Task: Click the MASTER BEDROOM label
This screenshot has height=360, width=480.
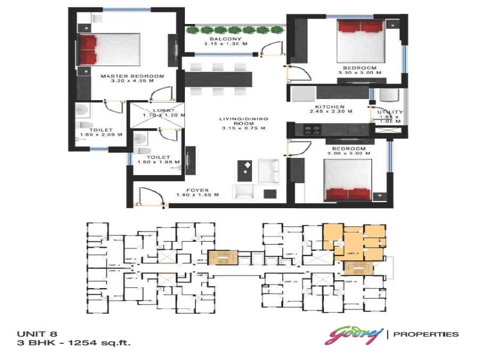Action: coord(132,76)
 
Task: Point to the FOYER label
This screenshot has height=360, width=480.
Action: coord(197,190)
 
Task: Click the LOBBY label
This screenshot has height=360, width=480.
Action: coord(163,110)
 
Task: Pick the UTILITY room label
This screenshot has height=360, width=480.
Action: coord(390,113)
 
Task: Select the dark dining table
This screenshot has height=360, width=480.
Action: coord(219,79)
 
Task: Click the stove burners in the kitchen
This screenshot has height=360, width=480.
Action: coord(311,129)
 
